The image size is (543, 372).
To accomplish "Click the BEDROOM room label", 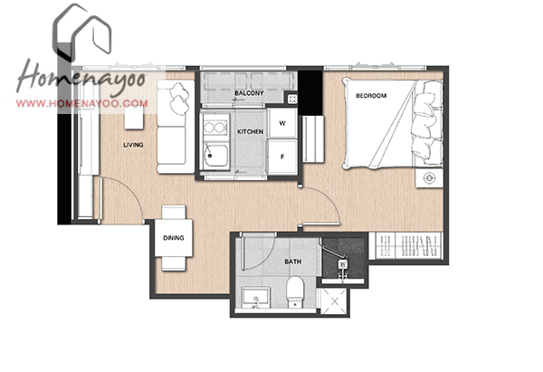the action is (x=371, y=96).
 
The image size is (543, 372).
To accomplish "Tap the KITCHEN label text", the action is (x=250, y=132).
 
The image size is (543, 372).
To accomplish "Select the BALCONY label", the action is (x=249, y=93).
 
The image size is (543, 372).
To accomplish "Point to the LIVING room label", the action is (x=133, y=145).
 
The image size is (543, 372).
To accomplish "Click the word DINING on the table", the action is (x=174, y=238).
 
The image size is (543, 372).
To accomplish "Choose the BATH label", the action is (x=293, y=262).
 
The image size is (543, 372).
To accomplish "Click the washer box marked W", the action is (x=282, y=123).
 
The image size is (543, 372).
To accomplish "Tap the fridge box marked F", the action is (x=282, y=157).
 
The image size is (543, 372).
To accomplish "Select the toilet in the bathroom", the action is (x=295, y=291).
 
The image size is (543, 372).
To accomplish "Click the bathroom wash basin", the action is (x=255, y=297).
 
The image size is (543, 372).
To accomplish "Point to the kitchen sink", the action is (x=215, y=157).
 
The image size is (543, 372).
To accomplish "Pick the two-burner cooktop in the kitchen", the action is (x=215, y=127).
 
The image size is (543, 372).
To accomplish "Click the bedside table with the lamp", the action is (x=429, y=178).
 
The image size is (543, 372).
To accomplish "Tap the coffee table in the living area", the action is (x=134, y=118).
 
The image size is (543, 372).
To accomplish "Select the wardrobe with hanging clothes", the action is (x=405, y=245).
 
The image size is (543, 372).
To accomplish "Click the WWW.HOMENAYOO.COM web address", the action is (x=82, y=103).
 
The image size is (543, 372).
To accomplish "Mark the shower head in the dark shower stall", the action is (x=342, y=264).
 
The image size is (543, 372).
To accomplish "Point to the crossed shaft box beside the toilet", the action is (x=334, y=301).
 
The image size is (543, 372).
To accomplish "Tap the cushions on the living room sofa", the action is (x=180, y=99).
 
